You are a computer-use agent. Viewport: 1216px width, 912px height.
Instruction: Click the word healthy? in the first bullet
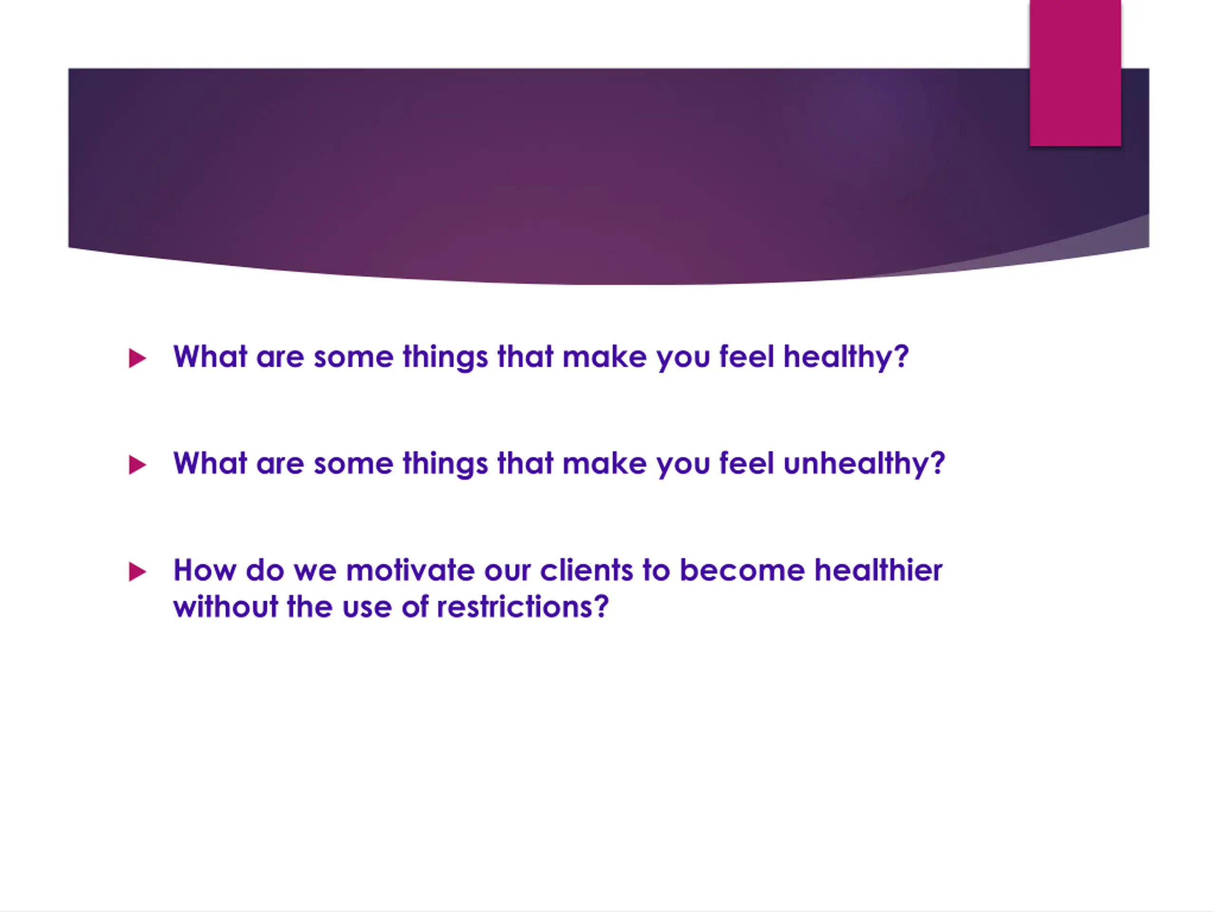click(846, 357)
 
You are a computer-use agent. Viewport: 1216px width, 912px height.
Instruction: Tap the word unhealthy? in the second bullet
click(864, 464)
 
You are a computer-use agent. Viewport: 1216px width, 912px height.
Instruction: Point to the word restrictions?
click(523, 607)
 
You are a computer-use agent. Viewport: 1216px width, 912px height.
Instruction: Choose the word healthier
click(878, 570)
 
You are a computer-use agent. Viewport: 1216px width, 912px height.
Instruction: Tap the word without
click(226, 607)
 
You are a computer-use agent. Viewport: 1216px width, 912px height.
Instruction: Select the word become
click(743, 570)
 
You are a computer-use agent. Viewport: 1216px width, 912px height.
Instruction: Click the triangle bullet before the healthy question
click(137, 359)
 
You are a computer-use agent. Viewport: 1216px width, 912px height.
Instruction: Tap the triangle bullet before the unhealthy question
click(137, 465)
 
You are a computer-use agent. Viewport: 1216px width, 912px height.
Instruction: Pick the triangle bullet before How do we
click(137, 572)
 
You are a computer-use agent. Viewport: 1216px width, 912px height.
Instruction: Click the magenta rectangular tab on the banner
click(1075, 73)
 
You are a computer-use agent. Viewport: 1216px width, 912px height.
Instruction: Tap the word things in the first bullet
click(445, 357)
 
